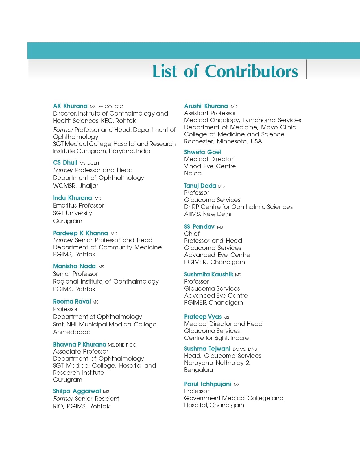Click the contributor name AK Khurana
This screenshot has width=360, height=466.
point(70,106)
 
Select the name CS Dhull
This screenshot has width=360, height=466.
point(65,163)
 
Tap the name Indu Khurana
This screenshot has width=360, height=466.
point(73,198)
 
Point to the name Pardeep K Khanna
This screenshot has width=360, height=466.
point(80,233)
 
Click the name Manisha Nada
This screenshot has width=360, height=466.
point(74,266)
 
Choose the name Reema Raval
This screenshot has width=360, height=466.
point(72,302)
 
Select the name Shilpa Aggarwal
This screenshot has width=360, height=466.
point(77,391)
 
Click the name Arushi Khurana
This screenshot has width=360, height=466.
point(206,106)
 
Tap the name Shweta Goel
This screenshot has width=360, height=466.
point(202,152)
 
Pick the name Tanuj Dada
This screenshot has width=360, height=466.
point(200,186)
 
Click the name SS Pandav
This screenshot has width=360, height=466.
point(199,227)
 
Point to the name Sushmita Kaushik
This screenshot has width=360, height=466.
point(208,275)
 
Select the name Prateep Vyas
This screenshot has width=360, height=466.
point(202,317)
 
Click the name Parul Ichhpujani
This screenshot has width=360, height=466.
point(208,384)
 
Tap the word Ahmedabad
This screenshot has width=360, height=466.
point(72,332)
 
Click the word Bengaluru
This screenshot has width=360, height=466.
point(198,370)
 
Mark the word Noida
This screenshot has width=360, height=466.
point(193,173)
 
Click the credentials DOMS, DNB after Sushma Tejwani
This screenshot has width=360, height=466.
point(245,349)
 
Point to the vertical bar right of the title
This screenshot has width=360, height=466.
point(306,69)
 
